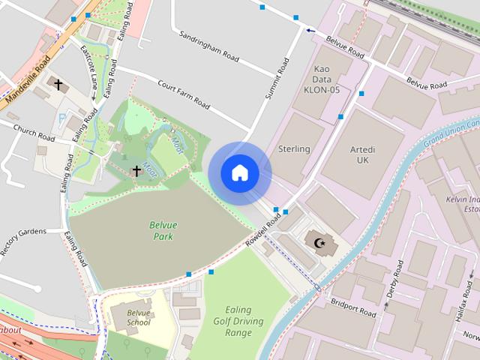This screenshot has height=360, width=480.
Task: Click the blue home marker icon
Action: coord(239,172)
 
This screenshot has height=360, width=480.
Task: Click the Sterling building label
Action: coord(294,149)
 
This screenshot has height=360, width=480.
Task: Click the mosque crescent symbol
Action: coord(320,242)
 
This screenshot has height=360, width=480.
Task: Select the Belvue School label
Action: coord(138,317)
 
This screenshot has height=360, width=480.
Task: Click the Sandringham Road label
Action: coord(210,46)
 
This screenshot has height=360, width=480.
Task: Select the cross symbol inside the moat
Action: coord(136,171)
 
